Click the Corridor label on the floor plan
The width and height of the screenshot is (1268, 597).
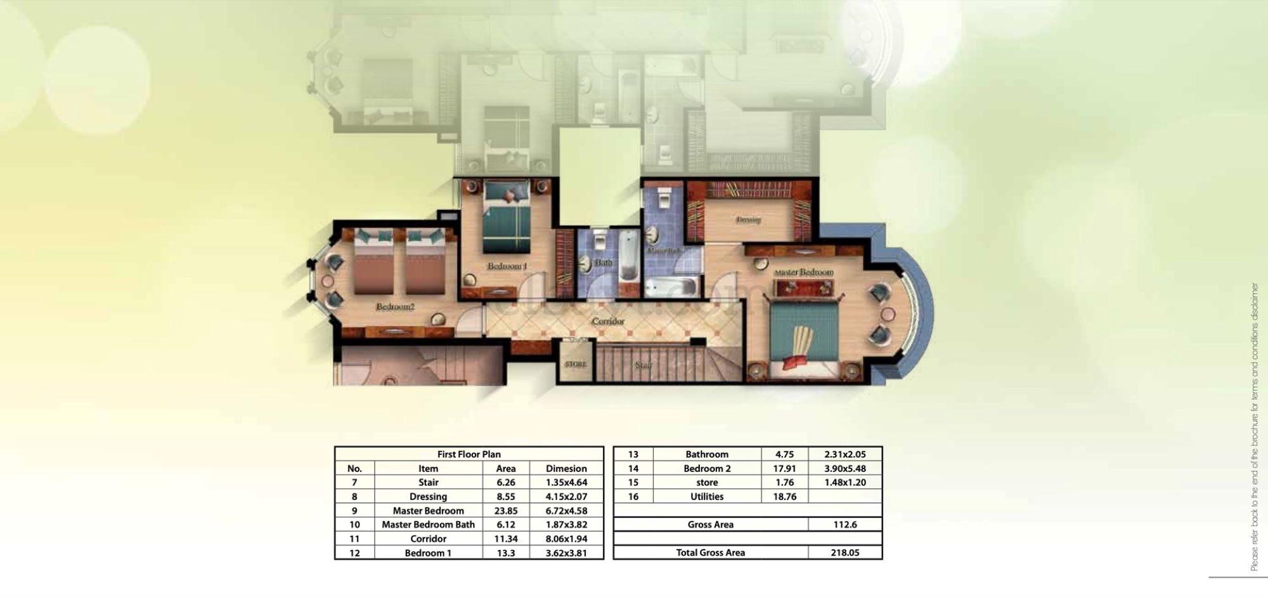click(608, 322)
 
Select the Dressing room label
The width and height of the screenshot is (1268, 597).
click(748, 220)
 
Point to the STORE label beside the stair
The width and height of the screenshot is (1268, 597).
click(576, 365)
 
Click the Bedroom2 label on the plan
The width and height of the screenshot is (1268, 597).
click(395, 307)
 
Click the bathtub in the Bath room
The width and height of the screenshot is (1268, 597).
click(628, 256)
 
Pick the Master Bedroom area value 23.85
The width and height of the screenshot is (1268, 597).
click(505, 511)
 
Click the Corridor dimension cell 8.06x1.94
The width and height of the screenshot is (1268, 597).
click(566, 539)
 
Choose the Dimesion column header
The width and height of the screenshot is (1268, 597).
click(566, 469)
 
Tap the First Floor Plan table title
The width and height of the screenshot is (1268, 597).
click(469, 454)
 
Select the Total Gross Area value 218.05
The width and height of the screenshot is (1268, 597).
click(845, 553)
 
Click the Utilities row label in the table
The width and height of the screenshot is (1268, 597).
click(707, 497)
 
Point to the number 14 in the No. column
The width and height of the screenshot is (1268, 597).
click(633, 469)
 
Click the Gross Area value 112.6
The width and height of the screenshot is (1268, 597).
click(845, 525)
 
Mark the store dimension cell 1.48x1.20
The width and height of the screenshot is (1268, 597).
click(845, 483)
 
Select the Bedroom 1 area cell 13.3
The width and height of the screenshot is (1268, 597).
click(505, 553)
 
